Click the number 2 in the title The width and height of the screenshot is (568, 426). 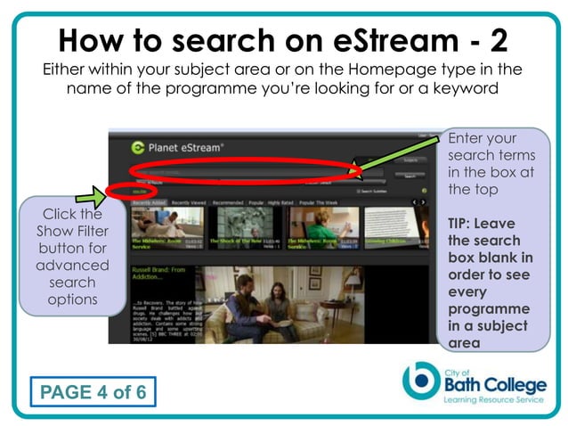coord(508,39)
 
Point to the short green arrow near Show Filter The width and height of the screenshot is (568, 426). coord(92,193)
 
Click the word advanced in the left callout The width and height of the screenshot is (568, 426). coord(72,266)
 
